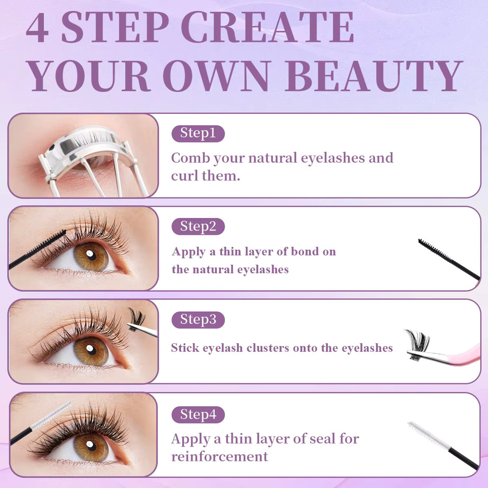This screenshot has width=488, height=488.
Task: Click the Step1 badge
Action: click(198, 133)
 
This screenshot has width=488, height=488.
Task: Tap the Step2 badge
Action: click(198, 227)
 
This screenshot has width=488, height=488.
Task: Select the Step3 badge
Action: click(198, 319)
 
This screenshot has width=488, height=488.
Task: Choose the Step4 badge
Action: click(198, 415)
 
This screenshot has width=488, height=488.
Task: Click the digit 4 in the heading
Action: click(37, 28)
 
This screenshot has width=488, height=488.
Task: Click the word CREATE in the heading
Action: click(268, 28)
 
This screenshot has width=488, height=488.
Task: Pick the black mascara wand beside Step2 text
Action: click(448, 259)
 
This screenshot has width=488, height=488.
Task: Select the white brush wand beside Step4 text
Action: click(442, 445)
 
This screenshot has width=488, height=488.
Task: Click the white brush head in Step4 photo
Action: click(52, 415)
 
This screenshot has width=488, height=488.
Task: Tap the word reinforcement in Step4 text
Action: click(220, 457)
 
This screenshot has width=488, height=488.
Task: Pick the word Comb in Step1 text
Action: click(190, 158)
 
